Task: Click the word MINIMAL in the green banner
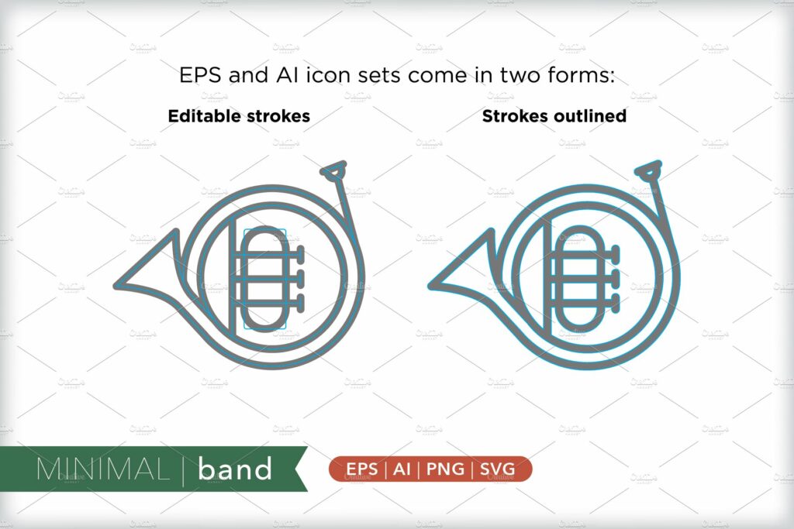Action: (101, 469)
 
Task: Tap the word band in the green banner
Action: (235, 469)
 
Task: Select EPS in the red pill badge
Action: (361, 469)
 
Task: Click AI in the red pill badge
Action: (402, 469)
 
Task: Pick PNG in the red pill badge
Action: (444, 469)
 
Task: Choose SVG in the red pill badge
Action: (500, 469)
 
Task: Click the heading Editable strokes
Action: (239, 116)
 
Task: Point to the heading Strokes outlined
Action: (554, 116)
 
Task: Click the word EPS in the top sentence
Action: (197, 76)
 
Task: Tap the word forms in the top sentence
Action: (581, 76)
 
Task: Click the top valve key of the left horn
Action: (299, 253)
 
